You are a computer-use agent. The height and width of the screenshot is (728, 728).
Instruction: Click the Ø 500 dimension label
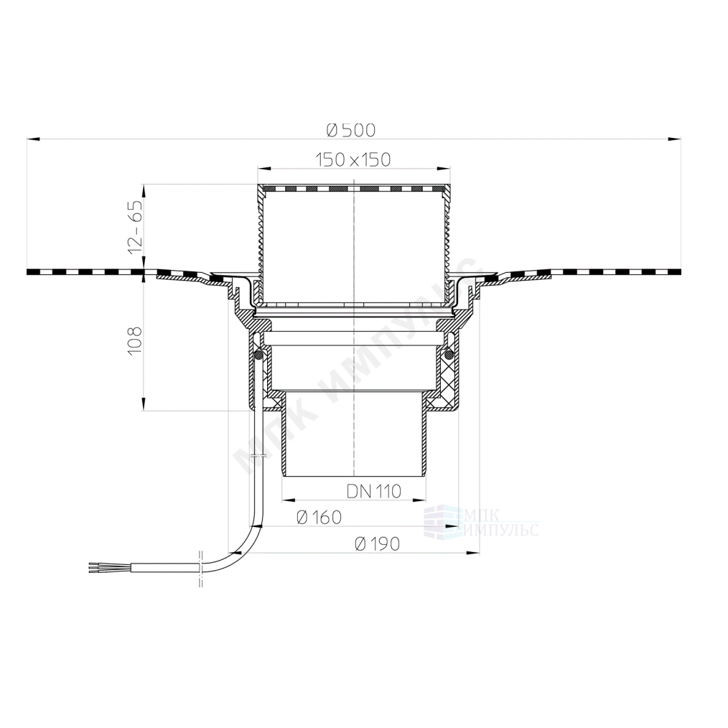click(351, 131)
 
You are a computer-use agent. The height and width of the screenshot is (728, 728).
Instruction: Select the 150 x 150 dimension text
click(353, 159)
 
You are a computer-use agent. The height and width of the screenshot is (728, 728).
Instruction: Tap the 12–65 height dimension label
click(135, 227)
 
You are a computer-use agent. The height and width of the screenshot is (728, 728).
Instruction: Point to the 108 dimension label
click(135, 341)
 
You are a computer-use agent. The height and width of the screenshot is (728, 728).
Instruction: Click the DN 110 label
click(374, 491)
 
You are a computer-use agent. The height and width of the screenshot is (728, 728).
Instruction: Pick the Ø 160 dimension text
click(319, 517)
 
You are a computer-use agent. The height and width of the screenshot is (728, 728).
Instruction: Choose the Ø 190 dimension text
click(377, 543)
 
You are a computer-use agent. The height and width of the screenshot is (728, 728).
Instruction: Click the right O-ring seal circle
click(448, 355)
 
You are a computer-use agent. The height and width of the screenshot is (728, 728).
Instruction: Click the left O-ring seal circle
click(259, 355)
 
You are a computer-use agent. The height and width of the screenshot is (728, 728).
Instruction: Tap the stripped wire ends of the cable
click(95, 567)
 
